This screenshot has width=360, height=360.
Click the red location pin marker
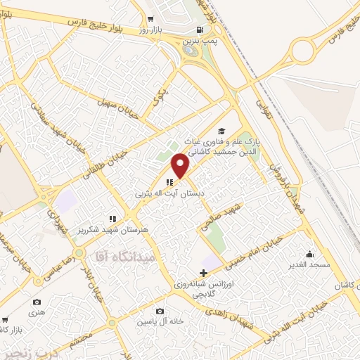181,166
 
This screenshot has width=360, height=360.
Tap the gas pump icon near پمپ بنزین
201,30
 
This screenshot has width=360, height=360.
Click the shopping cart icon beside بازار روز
151,20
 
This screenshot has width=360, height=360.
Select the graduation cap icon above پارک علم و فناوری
221,131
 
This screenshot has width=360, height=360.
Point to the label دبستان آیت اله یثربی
162,191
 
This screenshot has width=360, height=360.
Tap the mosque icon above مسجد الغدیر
309,254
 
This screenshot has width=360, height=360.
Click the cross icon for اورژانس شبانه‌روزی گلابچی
203,273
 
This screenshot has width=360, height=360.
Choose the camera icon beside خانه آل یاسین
160,311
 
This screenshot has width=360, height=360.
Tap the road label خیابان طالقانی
105,163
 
